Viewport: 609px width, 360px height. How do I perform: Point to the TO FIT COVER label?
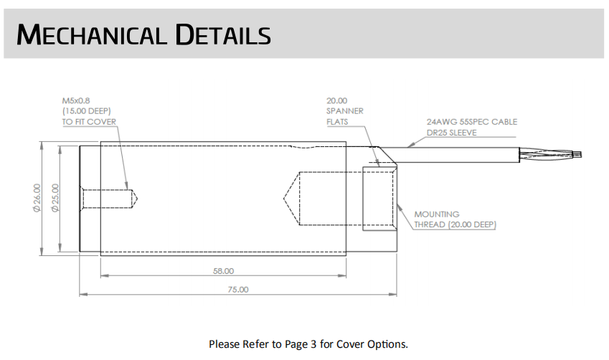[89, 122]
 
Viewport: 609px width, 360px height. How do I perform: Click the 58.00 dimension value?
[223, 272]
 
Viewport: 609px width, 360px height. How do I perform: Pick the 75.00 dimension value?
[237, 290]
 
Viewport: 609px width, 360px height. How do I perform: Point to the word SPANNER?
[344, 111]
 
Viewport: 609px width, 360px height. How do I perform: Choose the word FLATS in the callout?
[339, 122]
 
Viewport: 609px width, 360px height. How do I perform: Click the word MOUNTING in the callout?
[437, 214]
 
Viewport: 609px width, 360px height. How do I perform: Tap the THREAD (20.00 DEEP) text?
[455, 224]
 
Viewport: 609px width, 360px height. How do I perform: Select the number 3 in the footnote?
[313, 344]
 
